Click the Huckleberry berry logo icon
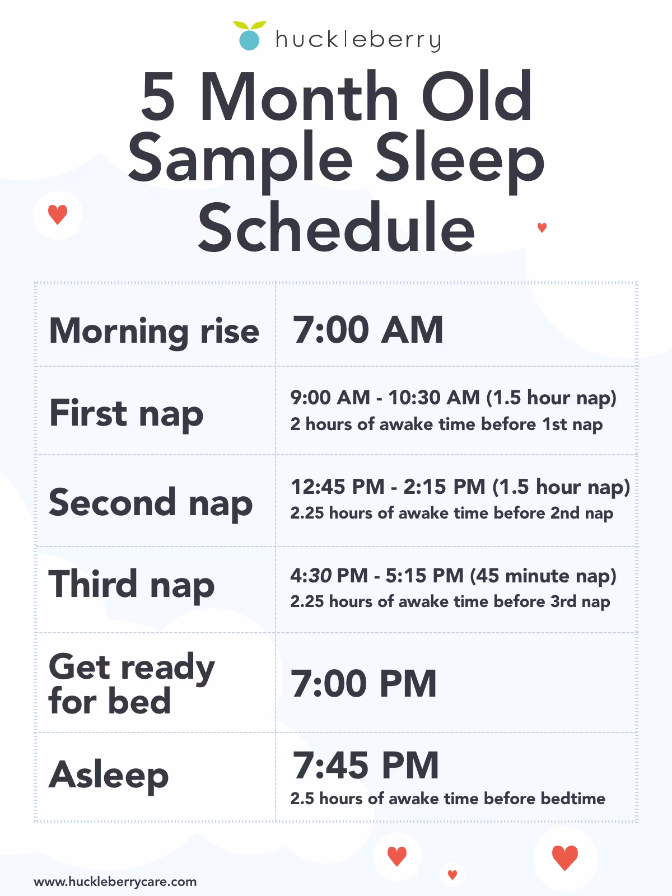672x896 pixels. (x=249, y=36)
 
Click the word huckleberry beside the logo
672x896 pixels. (x=358, y=40)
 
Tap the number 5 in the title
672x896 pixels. (x=158, y=96)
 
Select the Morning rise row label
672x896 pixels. (x=154, y=331)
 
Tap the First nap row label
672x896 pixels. (x=126, y=413)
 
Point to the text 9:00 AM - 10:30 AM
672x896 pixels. (x=385, y=398)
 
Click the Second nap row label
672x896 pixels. (x=150, y=502)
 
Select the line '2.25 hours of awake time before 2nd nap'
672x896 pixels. (x=451, y=513)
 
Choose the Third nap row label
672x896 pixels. (x=132, y=584)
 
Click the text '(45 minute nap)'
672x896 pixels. (x=543, y=575)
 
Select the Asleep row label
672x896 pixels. (x=109, y=775)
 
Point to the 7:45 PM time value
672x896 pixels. (x=366, y=766)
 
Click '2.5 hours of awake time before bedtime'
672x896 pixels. (x=447, y=799)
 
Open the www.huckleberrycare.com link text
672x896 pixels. (x=115, y=881)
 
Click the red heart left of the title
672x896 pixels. (x=58, y=214)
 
